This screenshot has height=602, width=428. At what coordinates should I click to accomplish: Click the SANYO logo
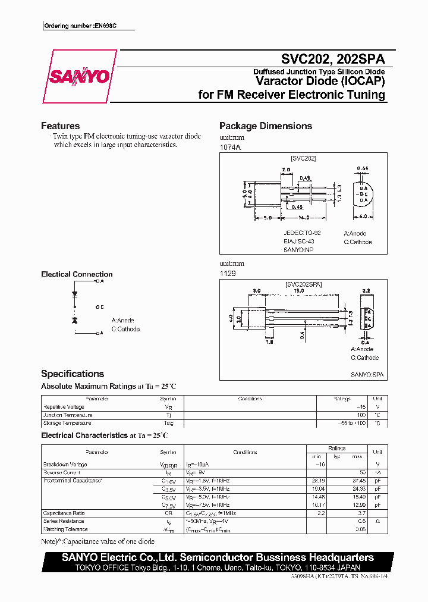click(80, 76)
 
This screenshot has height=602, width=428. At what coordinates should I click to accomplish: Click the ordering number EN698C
click(88, 26)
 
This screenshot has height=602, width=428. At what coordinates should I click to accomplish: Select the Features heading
click(60, 126)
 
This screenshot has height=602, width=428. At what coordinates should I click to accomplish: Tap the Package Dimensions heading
click(265, 126)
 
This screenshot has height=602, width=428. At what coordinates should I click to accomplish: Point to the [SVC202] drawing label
click(303, 159)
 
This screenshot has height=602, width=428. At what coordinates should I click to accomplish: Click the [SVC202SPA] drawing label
click(303, 285)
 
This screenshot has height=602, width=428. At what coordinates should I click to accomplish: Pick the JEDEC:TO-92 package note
click(303, 233)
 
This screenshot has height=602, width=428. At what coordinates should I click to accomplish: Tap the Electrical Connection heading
click(77, 274)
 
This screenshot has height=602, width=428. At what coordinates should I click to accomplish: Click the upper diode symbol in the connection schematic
click(75, 293)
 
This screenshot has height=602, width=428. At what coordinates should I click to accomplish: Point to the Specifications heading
click(73, 374)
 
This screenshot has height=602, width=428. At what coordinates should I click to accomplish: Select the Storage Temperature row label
click(67, 423)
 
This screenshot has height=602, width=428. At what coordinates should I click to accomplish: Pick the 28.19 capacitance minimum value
click(319, 479)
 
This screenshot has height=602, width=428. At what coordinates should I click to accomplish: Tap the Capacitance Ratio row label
click(64, 513)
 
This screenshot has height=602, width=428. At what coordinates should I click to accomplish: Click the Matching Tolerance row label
click(65, 529)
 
